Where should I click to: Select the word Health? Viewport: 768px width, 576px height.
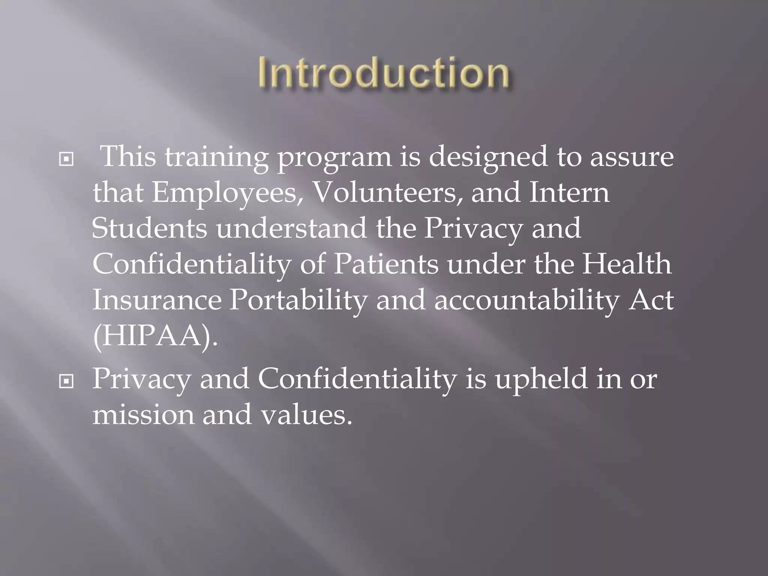(x=627, y=264)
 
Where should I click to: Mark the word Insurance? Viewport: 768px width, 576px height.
(x=157, y=300)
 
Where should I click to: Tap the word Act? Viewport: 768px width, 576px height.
(x=651, y=300)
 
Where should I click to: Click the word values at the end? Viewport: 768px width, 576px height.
(x=306, y=415)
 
